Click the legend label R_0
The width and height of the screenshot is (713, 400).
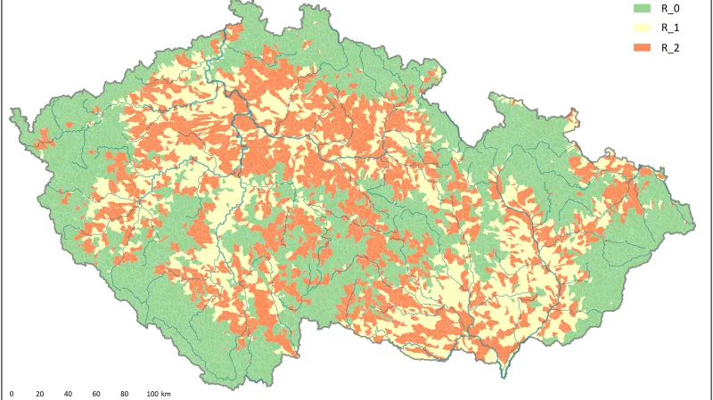tap(671, 9)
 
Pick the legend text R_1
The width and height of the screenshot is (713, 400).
tap(671, 29)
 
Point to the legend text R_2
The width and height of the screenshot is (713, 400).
tap(671, 47)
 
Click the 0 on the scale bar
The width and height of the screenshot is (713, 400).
tap(12, 393)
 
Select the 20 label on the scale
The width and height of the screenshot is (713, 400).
tap(39, 393)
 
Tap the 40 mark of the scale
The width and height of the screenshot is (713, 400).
tap(68, 393)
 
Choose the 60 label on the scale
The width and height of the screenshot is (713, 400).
tap(95, 393)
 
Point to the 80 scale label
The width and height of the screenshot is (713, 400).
tap(124, 393)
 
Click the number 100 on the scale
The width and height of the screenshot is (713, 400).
tap(152, 393)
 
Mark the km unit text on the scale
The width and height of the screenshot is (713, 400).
tap(166, 393)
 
